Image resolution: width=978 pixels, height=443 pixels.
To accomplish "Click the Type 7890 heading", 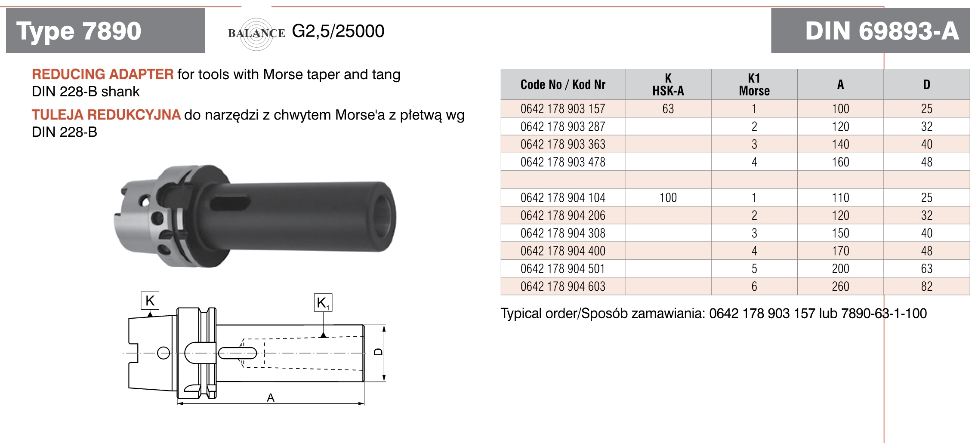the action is (x=79, y=31).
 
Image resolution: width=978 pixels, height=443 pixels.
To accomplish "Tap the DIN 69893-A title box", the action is (x=870, y=31).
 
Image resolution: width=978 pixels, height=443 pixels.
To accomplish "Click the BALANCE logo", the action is (x=256, y=34).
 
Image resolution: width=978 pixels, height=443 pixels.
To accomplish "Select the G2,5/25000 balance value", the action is (x=338, y=31).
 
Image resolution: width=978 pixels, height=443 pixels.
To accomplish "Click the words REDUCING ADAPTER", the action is (x=103, y=74).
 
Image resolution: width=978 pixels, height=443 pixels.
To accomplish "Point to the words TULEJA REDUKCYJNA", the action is (x=106, y=115).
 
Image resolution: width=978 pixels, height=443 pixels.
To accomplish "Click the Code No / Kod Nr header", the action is (x=563, y=85).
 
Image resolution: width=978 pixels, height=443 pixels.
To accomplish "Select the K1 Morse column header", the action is (x=754, y=84).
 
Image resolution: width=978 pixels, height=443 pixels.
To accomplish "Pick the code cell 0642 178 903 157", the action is (x=563, y=109).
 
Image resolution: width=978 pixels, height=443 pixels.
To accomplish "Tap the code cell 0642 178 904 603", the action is (x=563, y=286).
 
